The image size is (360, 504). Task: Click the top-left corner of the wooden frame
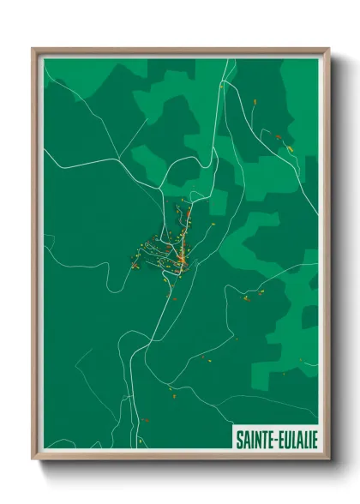[x=33, y=49]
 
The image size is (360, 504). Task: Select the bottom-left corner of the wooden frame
[x=33, y=459]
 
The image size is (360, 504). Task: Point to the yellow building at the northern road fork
[x=221, y=86]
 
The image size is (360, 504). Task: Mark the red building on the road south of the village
[x=171, y=299]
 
